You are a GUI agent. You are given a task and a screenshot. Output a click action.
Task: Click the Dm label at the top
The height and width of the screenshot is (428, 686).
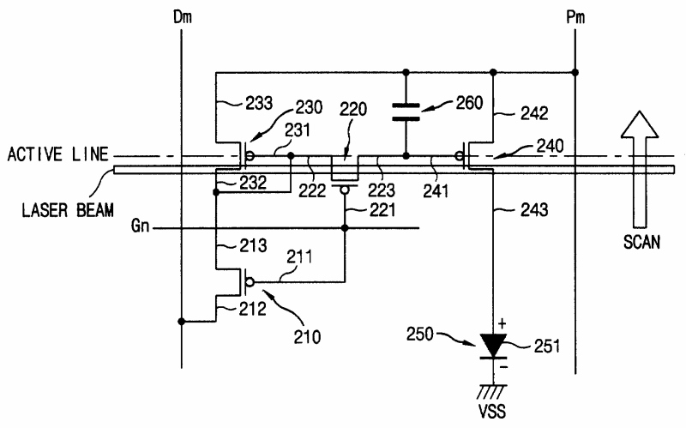coord(183,17)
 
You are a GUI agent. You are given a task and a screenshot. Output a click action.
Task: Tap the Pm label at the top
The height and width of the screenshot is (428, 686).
coord(575,17)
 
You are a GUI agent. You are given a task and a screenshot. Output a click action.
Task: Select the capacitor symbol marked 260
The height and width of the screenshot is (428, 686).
coord(406,112)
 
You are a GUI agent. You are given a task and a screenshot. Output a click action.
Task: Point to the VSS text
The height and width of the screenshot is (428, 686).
coord(492,412)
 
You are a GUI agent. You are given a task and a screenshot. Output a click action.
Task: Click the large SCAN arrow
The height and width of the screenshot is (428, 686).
coord(640,169)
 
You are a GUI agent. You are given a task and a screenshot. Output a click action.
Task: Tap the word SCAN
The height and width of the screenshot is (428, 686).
coord(641,242)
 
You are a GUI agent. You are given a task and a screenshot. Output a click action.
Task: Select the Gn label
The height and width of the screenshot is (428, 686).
coord(140,226)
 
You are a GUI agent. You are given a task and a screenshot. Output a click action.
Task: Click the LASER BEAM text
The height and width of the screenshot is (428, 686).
coord(68,210)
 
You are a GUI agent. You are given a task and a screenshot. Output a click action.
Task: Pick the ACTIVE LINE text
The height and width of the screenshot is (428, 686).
coord(57,154)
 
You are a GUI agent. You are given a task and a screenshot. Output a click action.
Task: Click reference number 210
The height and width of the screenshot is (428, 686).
coord(307,337)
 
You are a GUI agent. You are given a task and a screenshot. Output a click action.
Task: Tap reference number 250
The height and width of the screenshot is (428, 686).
coord(420,335)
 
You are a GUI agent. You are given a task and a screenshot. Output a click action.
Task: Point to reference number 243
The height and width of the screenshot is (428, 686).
coord(534,210)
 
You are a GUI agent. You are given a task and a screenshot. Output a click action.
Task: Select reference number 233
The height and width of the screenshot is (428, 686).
coord(259,103)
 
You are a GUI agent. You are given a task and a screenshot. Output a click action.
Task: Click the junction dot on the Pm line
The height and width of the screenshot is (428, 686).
coord(575,72)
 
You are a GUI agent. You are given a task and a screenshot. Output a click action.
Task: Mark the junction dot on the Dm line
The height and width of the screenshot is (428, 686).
coord(182,322)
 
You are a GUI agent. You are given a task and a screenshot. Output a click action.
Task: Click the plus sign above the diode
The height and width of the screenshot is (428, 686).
coord(502,324)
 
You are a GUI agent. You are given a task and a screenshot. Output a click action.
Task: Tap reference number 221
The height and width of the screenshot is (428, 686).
coord(382,210)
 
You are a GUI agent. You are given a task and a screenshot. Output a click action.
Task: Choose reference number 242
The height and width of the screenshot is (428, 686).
coord(534,114)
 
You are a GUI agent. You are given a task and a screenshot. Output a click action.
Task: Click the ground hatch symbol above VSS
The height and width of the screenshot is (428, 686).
coord(493,392)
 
